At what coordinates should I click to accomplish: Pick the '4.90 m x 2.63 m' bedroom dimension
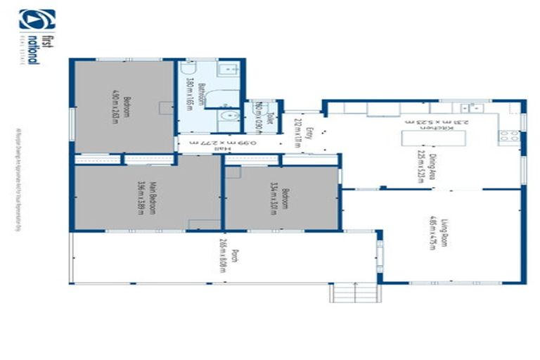point(115,105)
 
